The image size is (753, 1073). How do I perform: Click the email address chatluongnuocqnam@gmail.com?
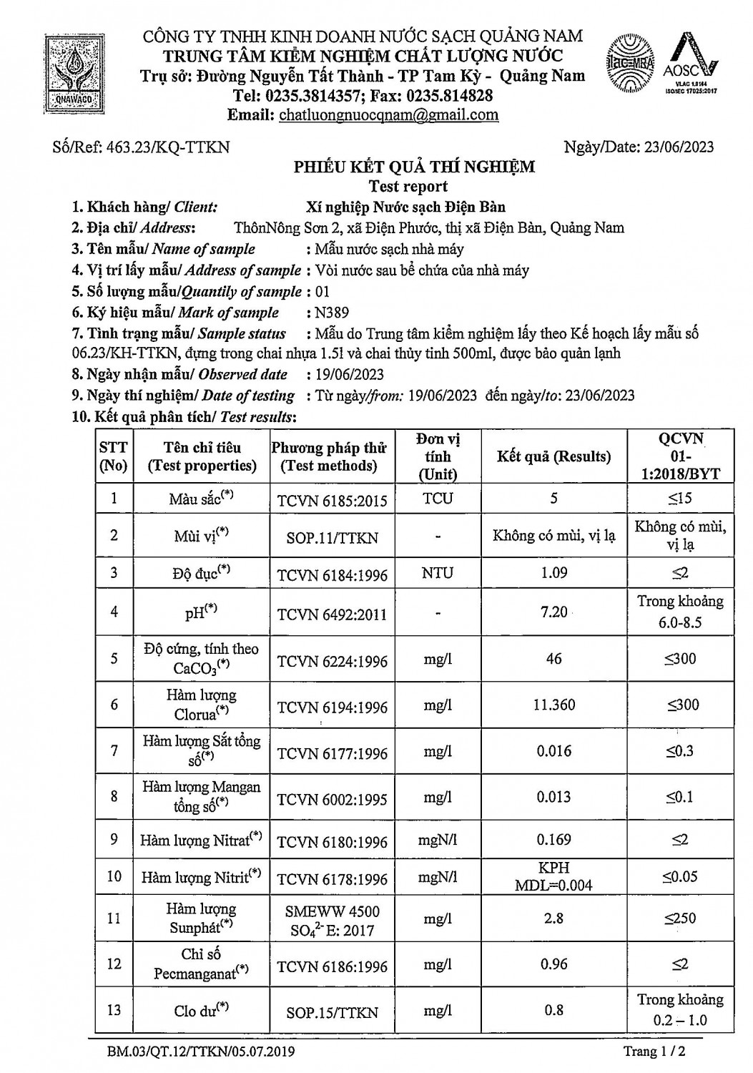tap(388, 115)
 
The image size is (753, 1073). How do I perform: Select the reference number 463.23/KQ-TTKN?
tap(167, 147)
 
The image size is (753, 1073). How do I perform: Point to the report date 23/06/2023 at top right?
tap(679, 147)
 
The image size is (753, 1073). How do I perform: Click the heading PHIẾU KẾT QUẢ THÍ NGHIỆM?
tap(415, 167)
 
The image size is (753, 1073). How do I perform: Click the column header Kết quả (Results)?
tap(553, 457)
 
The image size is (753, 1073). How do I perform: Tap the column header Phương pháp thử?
tap(329, 456)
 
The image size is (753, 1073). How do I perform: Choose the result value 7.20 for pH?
tap(554, 612)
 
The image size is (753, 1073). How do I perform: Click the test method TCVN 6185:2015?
tap(332, 500)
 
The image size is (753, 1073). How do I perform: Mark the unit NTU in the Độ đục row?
tap(438, 573)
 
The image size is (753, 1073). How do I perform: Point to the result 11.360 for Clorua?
tap(554, 705)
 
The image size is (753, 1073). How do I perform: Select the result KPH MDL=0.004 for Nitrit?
tap(554, 876)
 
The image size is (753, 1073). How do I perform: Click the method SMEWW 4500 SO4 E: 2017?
tap(332, 921)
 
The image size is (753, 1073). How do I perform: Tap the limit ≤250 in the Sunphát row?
tap(680, 918)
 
